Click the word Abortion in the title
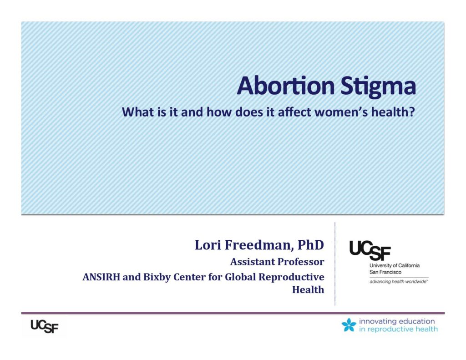pyautogui.click(x=286, y=86)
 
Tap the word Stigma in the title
pyautogui.click(x=378, y=86)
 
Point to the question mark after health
pyautogui.click(x=411, y=112)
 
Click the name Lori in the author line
pyautogui.click(x=208, y=245)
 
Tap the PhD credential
pyautogui.click(x=310, y=245)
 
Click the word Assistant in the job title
pyautogui.click(x=253, y=262)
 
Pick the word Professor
pyautogui.click(x=301, y=262)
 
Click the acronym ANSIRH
pyautogui.click(x=101, y=277)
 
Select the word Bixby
pyautogui.click(x=157, y=277)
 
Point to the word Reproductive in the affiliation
pyautogui.click(x=291, y=277)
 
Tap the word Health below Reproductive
pyautogui.click(x=308, y=289)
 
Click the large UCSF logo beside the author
pyautogui.click(x=370, y=250)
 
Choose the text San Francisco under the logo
pyautogui.click(x=385, y=272)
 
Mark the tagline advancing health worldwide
pyautogui.click(x=399, y=282)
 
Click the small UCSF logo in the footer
pyautogui.click(x=44, y=326)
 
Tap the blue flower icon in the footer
pyautogui.click(x=349, y=325)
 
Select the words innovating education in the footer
pyautogui.click(x=397, y=321)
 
